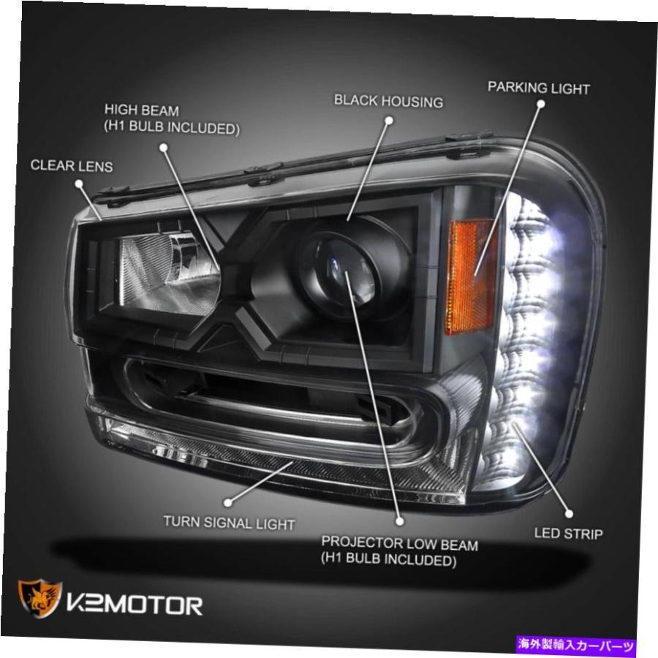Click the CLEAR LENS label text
pos(72,166)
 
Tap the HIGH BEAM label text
pos(142,110)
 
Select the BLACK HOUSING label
pos(389,101)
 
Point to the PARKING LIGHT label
pos(539,88)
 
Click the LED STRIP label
pos(569,534)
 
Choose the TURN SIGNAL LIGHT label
pos(229,523)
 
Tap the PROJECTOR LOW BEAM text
pos(399,543)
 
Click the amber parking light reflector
pos(471,276)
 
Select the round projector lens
pos(345,274)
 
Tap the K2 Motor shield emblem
pos(40,598)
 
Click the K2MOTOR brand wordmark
pos(135,605)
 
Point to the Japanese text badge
pos(576,645)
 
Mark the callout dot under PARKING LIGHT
pos(541,104)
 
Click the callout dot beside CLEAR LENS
pos(79,184)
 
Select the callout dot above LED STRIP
pos(569,514)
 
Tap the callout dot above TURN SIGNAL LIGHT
pos(228,502)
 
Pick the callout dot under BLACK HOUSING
pos(389,121)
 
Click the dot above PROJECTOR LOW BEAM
pos(399,521)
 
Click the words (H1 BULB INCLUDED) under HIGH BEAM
pos(172,127)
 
